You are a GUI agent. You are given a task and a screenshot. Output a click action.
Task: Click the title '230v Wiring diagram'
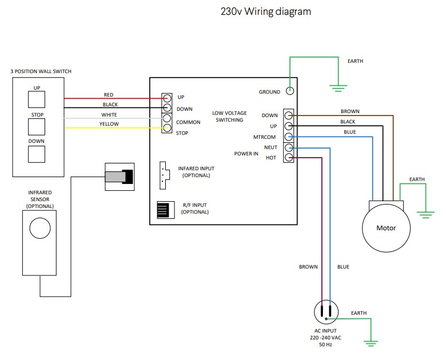click(266, 11)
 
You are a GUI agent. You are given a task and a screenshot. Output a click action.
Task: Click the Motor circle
click(386, 227)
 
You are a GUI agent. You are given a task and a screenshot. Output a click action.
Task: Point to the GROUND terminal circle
click(290, 91)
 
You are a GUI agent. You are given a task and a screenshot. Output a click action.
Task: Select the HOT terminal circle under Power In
click(289, 157)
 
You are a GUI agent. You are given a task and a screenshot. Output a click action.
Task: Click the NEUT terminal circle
click(289, 147)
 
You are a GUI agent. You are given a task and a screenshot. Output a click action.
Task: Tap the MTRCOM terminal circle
click(289, 137)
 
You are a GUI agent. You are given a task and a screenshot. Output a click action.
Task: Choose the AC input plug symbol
click(326, 313)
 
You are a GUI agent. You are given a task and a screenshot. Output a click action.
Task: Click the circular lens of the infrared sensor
click(40, 227)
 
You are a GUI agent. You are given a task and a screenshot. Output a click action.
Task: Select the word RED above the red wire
click(109, 94)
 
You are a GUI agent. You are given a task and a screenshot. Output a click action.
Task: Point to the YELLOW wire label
click(109, 124)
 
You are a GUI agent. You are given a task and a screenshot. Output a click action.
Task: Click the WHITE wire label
click(109, 114)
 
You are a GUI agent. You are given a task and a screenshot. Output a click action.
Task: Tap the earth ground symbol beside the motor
click(425, 214)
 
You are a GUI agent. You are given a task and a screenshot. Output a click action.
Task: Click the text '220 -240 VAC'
click(326, 338)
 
